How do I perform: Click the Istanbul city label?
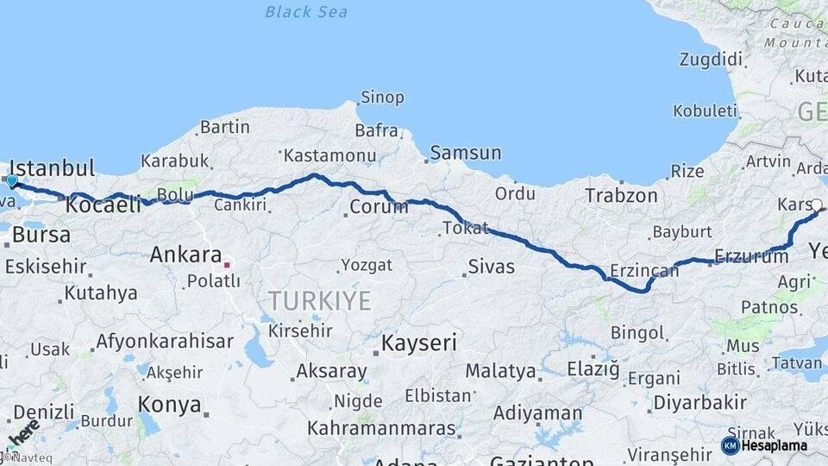coord(51,167)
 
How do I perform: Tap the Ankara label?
coord(185,255)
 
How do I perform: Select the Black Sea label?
coord(306,12)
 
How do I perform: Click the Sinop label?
coord(382,98)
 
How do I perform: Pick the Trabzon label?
coord(621,196)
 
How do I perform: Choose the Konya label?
coord(170,405)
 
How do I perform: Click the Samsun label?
coord(466,154)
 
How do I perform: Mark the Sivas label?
coord(491,267)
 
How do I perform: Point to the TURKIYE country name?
coord(319,301)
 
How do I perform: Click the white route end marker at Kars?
coord(816,205)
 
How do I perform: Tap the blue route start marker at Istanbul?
coord(11,181)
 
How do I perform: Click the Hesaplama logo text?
coord(774,446)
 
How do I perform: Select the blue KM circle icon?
coord(730,445)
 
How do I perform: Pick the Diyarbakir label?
coord(699,403)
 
